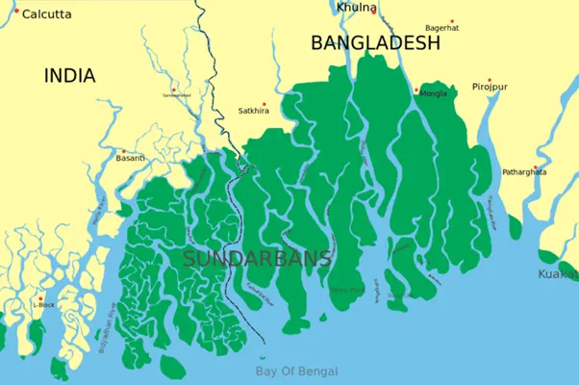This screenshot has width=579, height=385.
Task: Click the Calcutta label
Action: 47,14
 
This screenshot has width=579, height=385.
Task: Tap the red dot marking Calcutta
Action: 15,11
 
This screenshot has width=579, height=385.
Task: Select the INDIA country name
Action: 68,75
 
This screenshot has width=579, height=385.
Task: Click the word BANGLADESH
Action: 375,43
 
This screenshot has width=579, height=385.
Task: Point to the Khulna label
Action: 357,8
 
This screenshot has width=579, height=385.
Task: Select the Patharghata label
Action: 524,172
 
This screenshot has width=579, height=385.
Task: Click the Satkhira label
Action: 254,112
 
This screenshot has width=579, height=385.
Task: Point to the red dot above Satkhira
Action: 264,104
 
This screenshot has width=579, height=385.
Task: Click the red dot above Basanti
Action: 122,150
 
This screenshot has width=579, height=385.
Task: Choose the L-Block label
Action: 42,304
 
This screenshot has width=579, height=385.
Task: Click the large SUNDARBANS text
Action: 257,258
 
